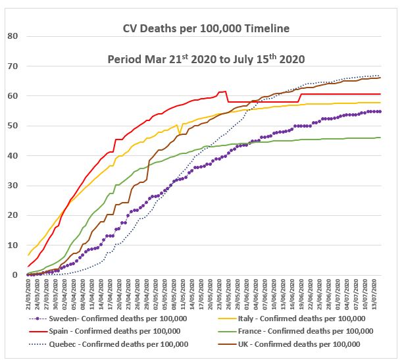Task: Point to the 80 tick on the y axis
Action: pyautogui.click(x=12, y=36)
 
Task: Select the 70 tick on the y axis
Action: pyautogui.click(x=12, y=66)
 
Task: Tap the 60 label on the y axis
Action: pyautogui.click(x=12, y=96)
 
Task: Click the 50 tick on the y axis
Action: pyautogui.click(x=12, y=126)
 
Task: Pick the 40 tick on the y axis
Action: pyautogui.click(x=12, y=155)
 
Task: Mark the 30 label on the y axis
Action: pyautogui.click(x=12, y=186)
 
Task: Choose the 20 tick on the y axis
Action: pyautogui.click(x=12, y=215)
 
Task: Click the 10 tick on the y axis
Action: pyautogui.click(x=12, y=245)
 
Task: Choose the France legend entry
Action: pyautogui.click(x=303, y=330)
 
